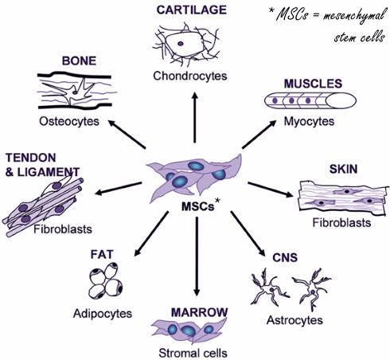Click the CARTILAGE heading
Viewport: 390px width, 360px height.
click(x=191, y=10)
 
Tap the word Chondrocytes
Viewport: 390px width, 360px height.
click(x=190, y=76)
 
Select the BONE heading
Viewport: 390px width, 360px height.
click(x=79, y=61)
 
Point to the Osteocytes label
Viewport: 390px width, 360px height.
click(x=69, y=122)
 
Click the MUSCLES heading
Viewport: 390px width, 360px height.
click(x=313, y=84)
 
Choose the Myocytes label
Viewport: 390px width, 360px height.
click(x=309, y=122)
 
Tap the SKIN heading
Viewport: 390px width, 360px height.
click(x=343, y=169)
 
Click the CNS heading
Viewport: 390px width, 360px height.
click(x=285, y=258)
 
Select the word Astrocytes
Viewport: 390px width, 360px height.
click(x=294, y=320)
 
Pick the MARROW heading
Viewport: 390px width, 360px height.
click(x=199, y=312)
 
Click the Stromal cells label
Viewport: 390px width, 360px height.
click(x=193, y=353)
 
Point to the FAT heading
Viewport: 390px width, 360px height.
click(x=102, y=254)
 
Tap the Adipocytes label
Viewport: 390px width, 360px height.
click(x=103, y=314)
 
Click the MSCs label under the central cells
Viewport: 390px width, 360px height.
click(x=197, y=206)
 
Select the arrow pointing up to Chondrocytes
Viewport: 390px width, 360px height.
click(x=195, y=117)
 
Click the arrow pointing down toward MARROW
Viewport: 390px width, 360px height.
click(x=197, y=256)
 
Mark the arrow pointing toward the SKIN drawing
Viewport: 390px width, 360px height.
click(x=271, y=190)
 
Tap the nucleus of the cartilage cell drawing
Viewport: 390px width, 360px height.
click(x=181, y=44)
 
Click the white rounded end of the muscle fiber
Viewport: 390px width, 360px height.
click(x=341, y=101)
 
